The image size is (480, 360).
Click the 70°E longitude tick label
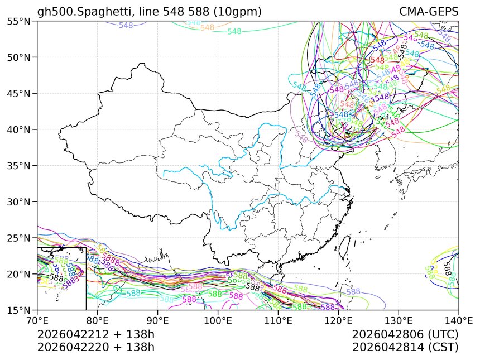(x=37, y=321)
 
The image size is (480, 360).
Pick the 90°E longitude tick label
(x=158, y=321)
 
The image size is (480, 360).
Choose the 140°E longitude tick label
(x=458, y=321)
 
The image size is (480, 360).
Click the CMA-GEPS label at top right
(x=429, y=12)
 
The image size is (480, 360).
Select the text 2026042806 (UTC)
(x=405, y=334)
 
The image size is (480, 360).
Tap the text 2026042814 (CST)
(x=405, y=347)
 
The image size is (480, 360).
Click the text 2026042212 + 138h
(x=95, y=334)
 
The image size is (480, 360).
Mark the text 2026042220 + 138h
(x=95, y=347)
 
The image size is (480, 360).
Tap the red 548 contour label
(x=377, y=60)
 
